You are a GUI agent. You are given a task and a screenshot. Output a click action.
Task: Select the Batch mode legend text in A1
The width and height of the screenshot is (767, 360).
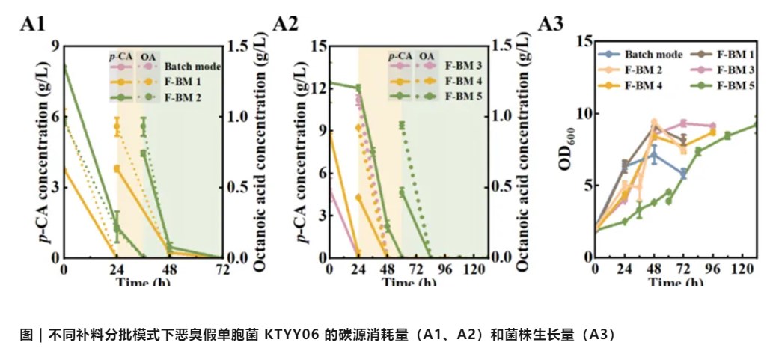pyautogui.click(x=193, y=67)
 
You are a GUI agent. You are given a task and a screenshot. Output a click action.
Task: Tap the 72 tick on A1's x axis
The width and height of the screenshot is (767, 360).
pyautogui.click(x=222, y=270)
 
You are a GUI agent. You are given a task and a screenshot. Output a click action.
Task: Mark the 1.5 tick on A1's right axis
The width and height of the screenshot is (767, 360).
pyautogui.click(x=238, y=46)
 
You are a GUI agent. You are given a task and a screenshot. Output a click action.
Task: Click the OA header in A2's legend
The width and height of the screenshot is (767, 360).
pyautogui.click(x=426, y=55)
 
